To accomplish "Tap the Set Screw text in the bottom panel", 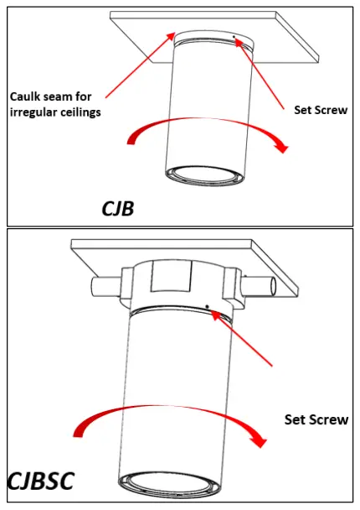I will point(316,419).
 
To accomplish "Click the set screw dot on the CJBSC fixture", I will point(207,305).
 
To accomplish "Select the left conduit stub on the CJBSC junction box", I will point(102,286).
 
